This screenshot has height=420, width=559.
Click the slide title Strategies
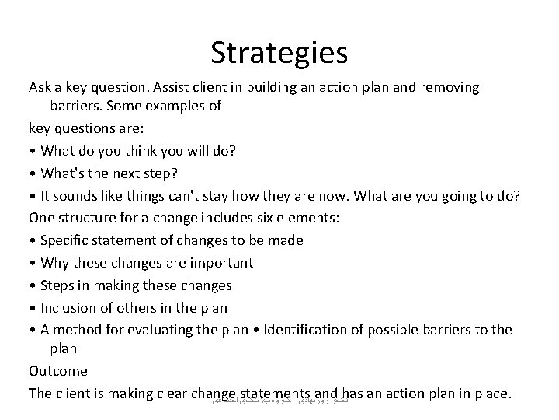click(279, 52)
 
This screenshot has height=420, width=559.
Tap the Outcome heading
click(58, 370)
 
